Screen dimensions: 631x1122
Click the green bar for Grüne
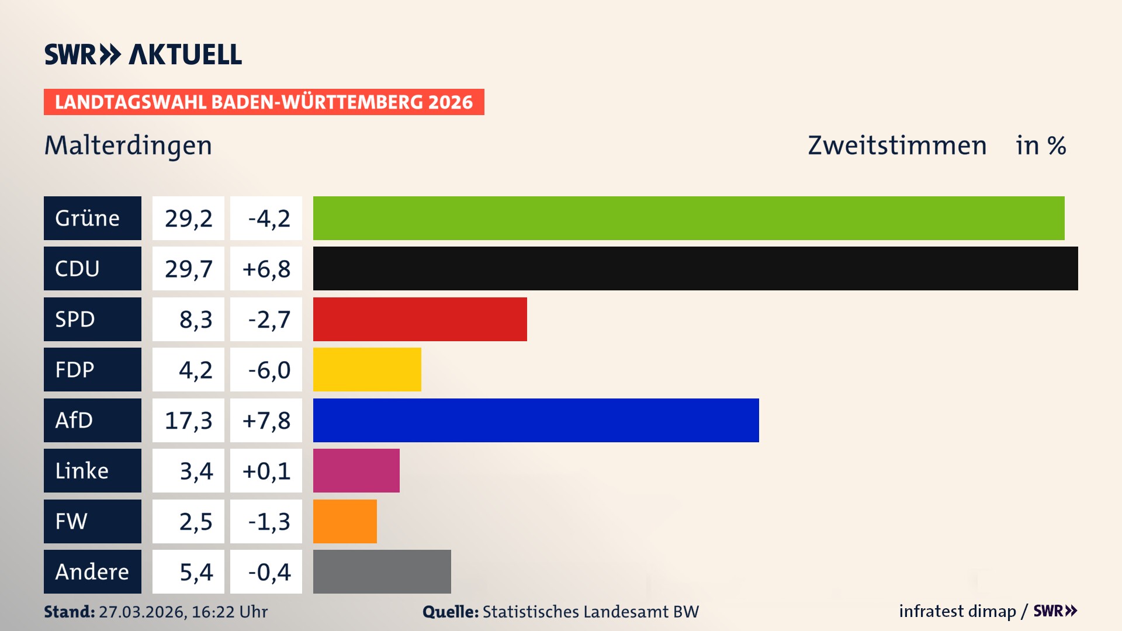tap(688, 218)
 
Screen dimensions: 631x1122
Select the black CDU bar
tap(695, 268)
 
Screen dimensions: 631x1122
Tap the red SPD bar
tap(420, 319)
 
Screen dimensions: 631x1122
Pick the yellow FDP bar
tap(367, 369)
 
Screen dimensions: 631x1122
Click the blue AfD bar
tap(536, 420)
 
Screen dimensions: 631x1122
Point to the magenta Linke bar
tap(356, 470)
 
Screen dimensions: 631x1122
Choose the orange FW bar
tap(345, 521)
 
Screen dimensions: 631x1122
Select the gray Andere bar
tap(382, 571)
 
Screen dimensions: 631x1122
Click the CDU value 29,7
tap(188, 269)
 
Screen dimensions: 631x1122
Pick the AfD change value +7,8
tap(266, 420)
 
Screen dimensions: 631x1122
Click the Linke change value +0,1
tap(266, 470)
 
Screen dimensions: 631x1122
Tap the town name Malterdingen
tap(128, 145)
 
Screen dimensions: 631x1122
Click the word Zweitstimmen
tap(897, 145)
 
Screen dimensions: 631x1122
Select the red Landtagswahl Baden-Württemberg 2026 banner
tap(264, 102)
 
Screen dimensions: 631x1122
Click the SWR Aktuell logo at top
tap(143, 54)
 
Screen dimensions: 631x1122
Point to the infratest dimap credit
tap(957, 611)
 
